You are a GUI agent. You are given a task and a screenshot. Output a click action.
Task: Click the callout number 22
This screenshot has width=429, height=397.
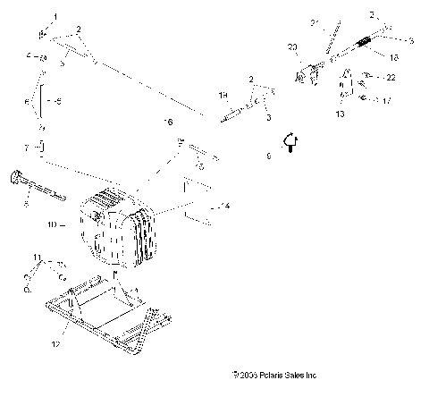click(391, 79)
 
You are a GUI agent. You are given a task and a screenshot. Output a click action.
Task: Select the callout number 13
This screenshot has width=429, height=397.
click(340, 115)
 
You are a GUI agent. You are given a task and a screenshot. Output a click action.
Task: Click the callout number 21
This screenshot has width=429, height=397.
click(315, 21)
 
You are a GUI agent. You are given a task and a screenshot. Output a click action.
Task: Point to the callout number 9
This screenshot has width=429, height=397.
click(268, 156)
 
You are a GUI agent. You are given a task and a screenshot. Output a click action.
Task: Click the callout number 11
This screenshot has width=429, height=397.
click(37, 258)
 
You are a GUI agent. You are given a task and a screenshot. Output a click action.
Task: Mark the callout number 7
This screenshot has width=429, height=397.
click(25, 146)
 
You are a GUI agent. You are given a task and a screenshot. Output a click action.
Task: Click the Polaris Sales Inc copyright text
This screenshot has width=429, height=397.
click(273, 376)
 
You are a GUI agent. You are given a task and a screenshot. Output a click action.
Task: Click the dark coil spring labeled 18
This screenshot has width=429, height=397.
click(366, 44)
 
